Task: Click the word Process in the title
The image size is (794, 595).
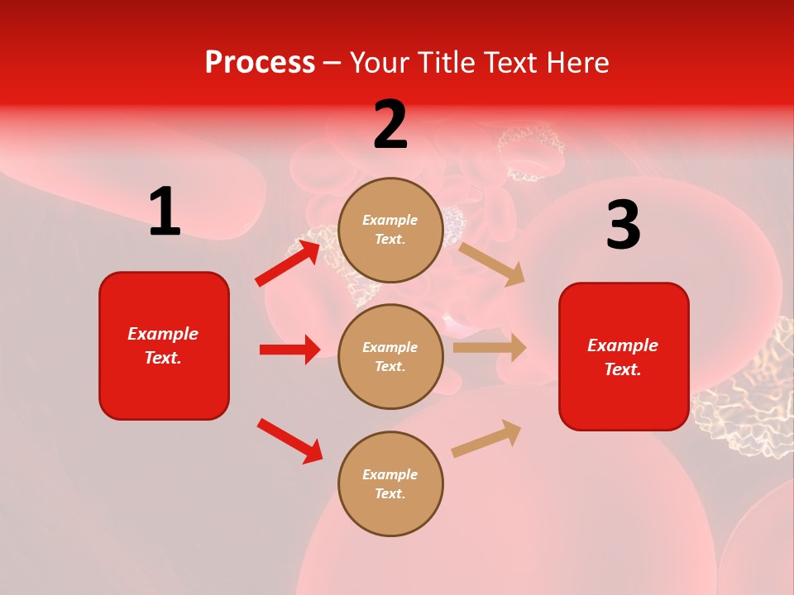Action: point(260,63)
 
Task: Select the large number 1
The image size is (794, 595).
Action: point(165,212)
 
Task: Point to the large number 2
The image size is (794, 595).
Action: point(390,126)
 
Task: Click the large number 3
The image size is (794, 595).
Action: point(623,226)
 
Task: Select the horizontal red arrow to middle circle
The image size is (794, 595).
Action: point(289,350)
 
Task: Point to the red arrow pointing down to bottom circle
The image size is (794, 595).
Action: point(289,440)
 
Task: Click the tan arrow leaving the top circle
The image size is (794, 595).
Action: point(492,264)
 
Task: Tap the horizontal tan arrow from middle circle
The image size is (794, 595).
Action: point(490,347)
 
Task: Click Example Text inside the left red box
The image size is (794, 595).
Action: point(164,345)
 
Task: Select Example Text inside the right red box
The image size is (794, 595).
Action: point(624,357)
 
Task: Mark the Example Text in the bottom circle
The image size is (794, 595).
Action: point(390,484)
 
